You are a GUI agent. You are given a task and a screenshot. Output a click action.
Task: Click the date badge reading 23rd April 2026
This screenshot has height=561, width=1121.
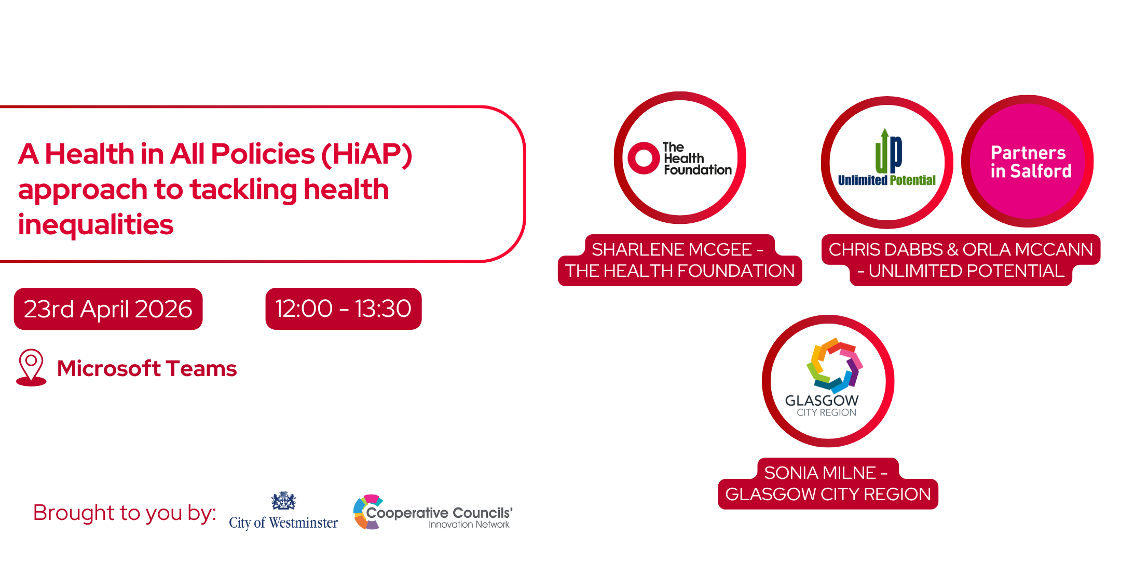point(108,309)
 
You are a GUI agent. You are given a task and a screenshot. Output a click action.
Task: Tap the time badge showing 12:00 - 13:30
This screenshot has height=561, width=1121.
point(343,309)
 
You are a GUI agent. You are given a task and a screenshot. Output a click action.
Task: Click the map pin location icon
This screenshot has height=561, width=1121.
point(31,367)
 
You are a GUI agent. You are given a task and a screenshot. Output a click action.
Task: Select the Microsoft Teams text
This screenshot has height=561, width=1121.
point(147,368)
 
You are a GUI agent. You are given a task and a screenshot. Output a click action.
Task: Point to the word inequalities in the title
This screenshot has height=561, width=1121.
point(95,224)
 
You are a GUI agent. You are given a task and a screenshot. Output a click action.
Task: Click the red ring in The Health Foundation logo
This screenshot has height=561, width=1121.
point(644,158)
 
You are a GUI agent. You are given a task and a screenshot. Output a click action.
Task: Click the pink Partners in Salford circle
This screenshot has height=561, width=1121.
point(1028,161)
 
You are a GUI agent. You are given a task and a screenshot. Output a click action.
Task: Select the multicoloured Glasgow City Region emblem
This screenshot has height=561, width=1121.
point(835,365)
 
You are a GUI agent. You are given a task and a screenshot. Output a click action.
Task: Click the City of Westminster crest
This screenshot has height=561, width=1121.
point(283,501)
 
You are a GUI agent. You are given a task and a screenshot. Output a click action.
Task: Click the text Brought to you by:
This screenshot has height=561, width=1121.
point(125,513)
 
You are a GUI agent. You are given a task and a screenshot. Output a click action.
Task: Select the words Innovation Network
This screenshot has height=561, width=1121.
point(469,525)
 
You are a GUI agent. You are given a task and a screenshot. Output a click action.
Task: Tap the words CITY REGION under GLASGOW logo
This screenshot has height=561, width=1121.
point(827,412)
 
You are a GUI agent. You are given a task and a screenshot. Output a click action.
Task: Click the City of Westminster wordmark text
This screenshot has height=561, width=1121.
point(283,523)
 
